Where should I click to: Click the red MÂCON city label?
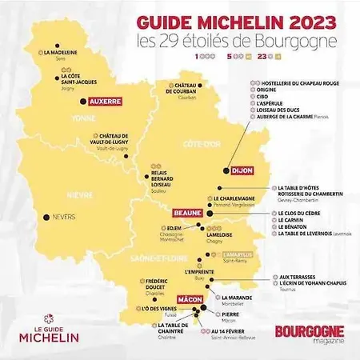[x=190, y=299]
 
